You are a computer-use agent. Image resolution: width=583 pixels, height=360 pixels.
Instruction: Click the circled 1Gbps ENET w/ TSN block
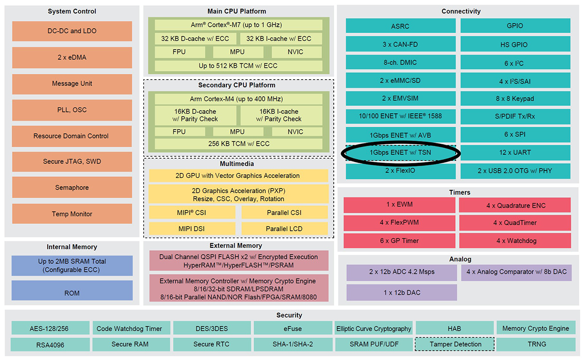click(x=401, y=153)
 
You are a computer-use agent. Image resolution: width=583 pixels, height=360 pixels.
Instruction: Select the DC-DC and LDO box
click(x=72, y=31)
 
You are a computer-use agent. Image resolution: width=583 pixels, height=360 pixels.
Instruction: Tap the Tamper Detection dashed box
click(x=455, y=344)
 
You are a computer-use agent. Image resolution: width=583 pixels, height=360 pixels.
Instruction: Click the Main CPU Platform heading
click(x=237, y=11)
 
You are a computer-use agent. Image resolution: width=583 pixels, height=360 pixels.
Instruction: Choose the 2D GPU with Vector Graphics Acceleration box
click(x=238, y=175)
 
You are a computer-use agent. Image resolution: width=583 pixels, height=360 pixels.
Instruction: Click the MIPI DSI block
click(x=192, y=228)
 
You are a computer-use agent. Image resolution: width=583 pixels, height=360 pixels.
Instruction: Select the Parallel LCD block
click(x=284, y=228)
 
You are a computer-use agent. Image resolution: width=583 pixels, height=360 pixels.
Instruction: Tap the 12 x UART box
click(x=514, y=153)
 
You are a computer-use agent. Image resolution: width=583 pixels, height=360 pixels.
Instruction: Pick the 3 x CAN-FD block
click(x=401, y=44)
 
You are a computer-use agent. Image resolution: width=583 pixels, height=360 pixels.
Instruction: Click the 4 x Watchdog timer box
click(x=514, y=240)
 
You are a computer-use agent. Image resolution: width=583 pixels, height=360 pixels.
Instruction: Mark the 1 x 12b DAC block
click(x=401, y=292)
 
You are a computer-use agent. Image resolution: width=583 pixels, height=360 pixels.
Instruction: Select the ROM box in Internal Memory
click(x=72, y=293)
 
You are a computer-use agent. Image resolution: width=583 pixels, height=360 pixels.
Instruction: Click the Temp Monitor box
click(x=72, y=214)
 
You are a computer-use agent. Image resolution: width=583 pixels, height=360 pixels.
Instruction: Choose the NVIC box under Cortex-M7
click(x=295, y=52)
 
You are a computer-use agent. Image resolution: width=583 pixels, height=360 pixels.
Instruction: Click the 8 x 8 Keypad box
click(x=514, y=99)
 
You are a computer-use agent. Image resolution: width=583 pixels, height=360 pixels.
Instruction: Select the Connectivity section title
click(x=461, y=11)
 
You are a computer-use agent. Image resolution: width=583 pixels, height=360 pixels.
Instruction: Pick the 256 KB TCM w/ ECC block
click(x=238, y=144)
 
